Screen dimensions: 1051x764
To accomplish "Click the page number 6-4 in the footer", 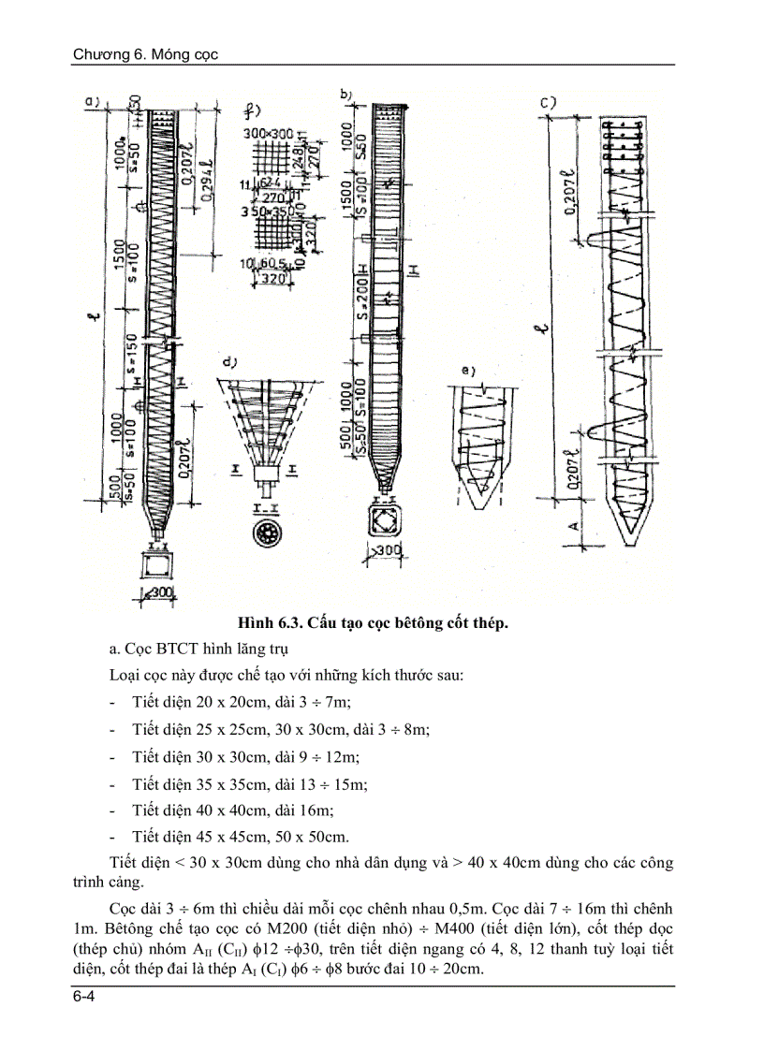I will (x=83, y=1000).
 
